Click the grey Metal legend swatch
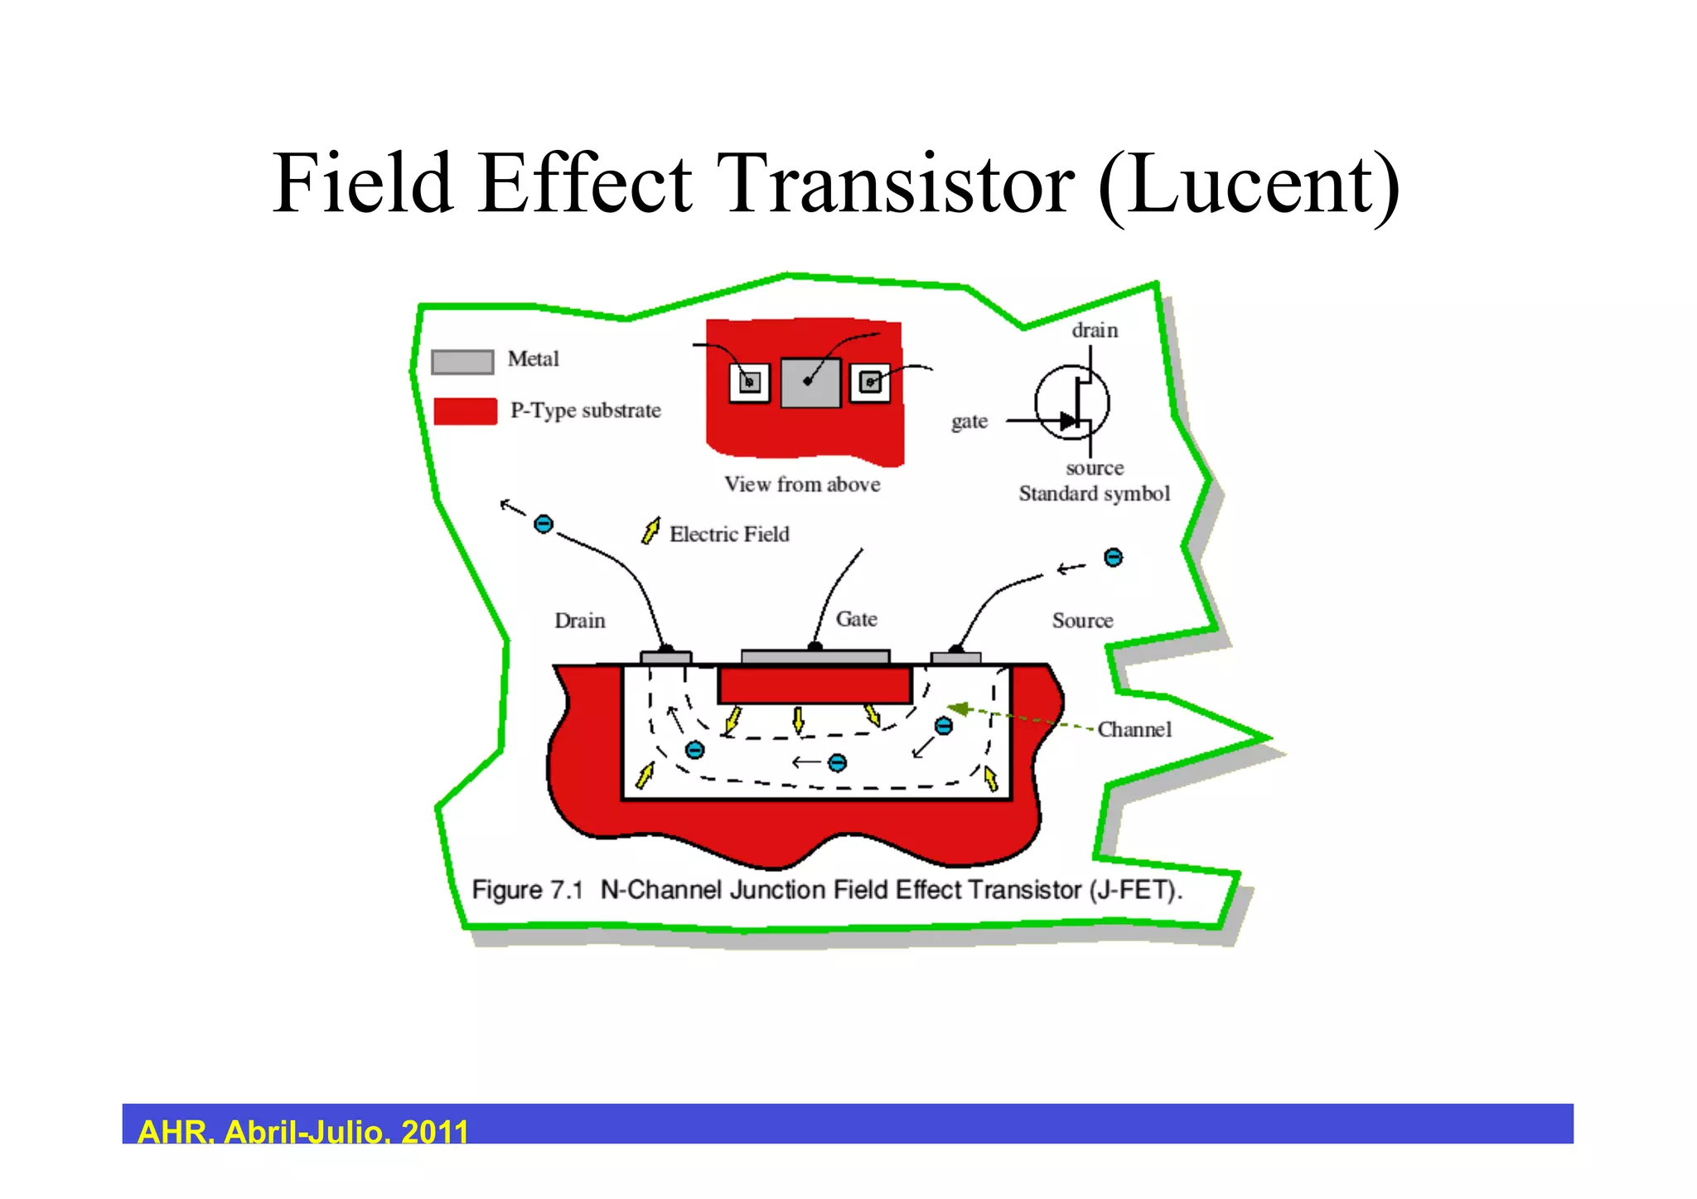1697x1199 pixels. point(462,362)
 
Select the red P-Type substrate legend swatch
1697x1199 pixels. point(465,411)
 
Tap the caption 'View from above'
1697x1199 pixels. point(802,485)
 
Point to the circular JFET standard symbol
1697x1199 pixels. point(1071,403)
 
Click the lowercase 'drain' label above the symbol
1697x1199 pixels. point(1095,331)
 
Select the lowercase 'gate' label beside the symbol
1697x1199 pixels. point(969,422)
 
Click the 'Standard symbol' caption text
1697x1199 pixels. point(1094,494)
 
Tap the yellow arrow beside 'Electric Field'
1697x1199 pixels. point(651,530)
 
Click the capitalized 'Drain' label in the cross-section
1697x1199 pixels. point(580,621)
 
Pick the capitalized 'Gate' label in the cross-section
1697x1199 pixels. point(856,619)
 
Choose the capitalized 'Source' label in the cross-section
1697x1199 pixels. point(1082,621)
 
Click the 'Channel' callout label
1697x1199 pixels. point(1134,730)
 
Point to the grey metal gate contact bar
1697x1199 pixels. point(815,657)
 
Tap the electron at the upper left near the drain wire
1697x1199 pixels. point(544,524)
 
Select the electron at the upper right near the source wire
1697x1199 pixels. point(1113,558)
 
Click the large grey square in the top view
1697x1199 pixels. point(810,383)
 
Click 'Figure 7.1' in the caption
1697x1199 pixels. point(527,890)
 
